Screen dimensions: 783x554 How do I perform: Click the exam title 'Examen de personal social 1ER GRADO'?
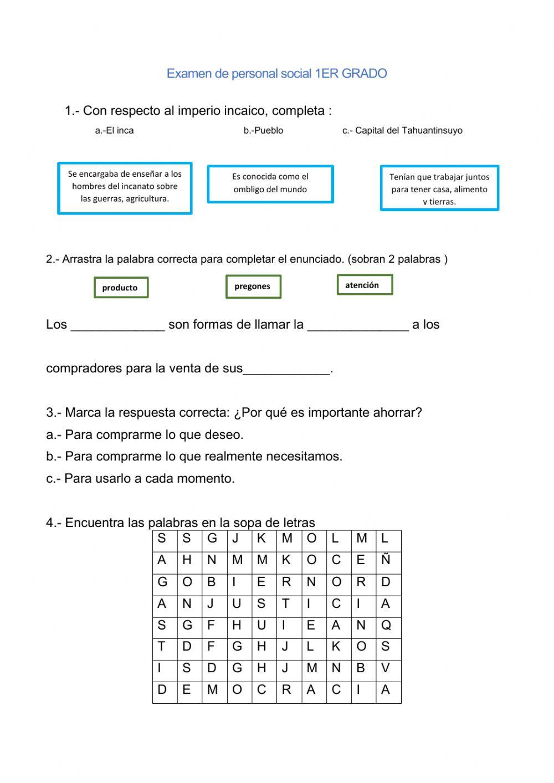[276, 74]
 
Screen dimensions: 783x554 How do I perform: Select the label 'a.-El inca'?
[114, 131]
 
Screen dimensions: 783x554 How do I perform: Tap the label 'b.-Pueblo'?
[263, 131]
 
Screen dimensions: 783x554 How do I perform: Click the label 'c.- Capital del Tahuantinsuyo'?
[402, 131]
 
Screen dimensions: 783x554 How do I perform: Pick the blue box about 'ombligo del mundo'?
[270, 184]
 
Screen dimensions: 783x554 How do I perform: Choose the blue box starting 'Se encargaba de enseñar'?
[125, 188]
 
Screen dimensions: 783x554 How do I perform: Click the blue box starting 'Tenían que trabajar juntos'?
[439, 188]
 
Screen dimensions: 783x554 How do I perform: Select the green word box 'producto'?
[121, 288]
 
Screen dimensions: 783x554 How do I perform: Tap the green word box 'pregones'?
[253, 286]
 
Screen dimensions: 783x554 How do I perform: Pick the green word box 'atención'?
[365, 285]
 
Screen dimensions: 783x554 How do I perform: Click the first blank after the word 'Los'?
[118, 326]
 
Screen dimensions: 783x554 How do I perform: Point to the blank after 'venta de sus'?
[286, 370]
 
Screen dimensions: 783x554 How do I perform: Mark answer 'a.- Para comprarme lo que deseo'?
[145, 435]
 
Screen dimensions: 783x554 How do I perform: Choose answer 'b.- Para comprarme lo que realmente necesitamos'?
[194, 457]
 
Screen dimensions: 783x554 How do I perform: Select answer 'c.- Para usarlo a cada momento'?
[141, 479]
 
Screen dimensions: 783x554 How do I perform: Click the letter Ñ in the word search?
[386, 560]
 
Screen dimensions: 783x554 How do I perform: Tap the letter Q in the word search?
[386, 626]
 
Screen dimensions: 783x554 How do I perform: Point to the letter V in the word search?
[386, 668]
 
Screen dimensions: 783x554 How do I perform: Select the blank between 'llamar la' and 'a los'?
[358, 326]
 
